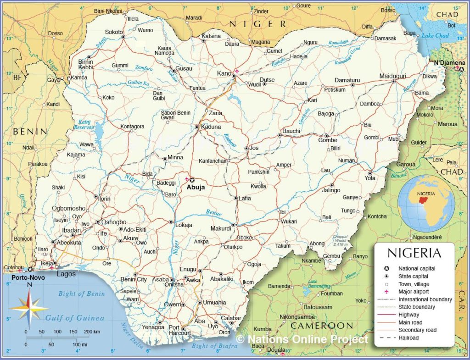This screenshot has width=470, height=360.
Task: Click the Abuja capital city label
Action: pos(196,187)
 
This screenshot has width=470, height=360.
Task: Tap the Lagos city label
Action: pos(66,274)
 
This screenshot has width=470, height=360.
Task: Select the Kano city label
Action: pos(224,73)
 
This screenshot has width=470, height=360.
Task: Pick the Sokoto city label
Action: pos(114,32)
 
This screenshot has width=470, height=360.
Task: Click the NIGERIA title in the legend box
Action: pos(414,253)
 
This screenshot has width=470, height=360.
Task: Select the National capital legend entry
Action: pos(417,269)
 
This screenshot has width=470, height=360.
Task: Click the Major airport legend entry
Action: pos(414,292)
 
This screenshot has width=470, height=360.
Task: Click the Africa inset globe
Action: pos(426,204)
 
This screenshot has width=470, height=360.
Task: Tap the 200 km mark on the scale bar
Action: pos(92,332)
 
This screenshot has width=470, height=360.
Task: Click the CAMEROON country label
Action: pos(323,326)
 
